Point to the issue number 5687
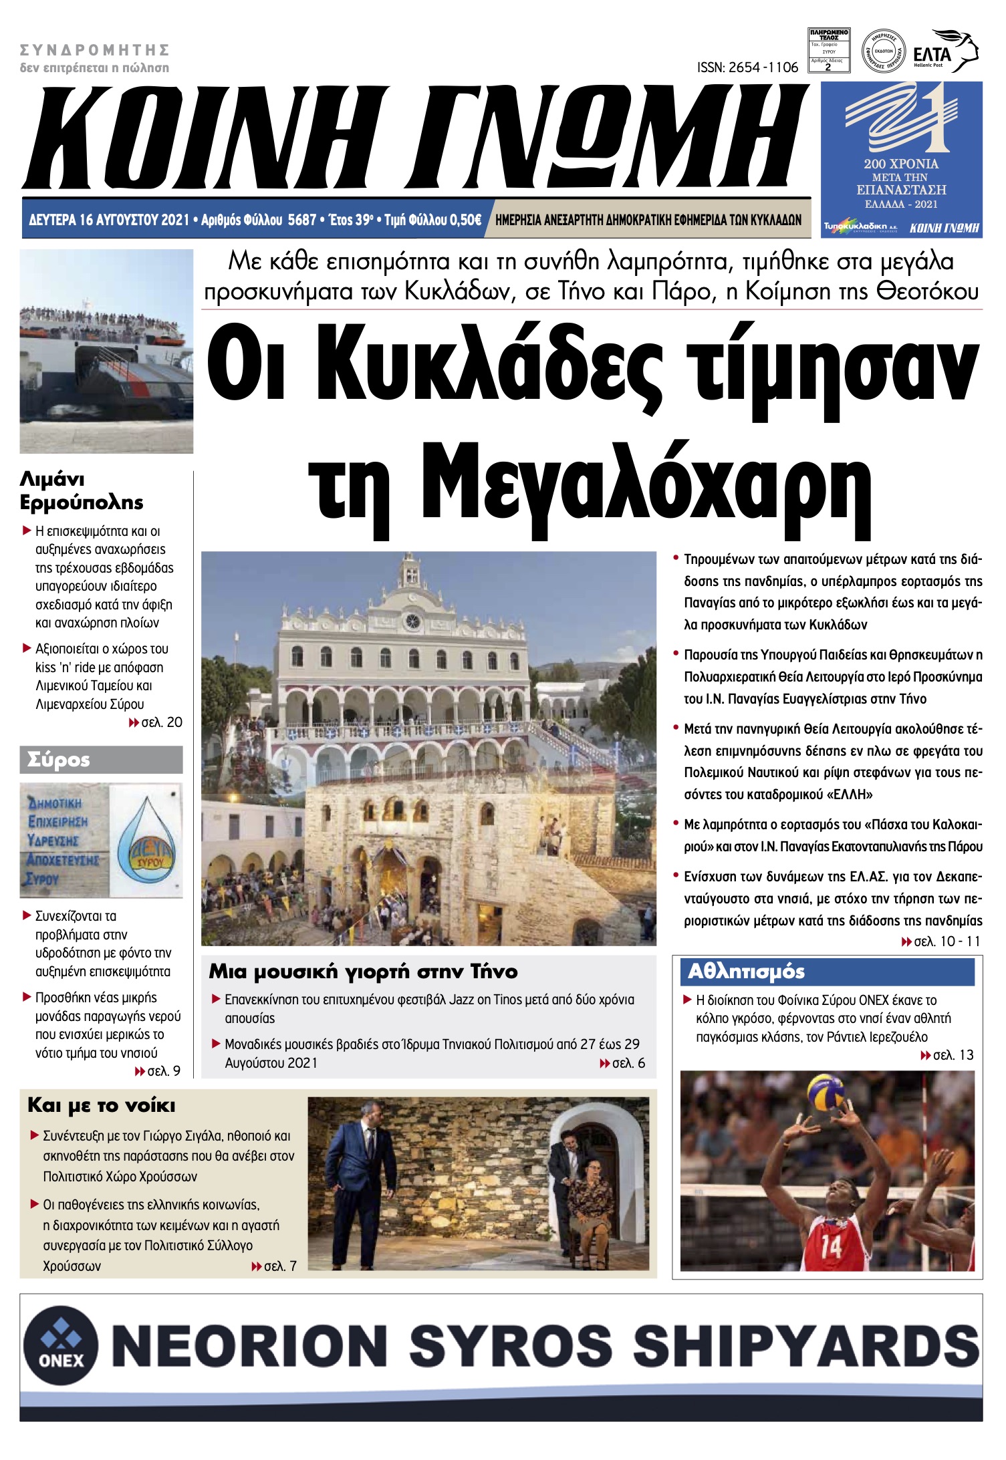[x=301, y=220]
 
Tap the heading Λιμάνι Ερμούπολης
[x=82, y=490]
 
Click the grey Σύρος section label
[x=101, y=760]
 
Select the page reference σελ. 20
[x=156, y=722]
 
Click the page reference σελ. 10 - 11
[x=941, y=941]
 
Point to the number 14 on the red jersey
[x=831, y=1246]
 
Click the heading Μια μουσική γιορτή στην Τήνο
[x=363, y=972]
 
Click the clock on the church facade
[x=412, y=621]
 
